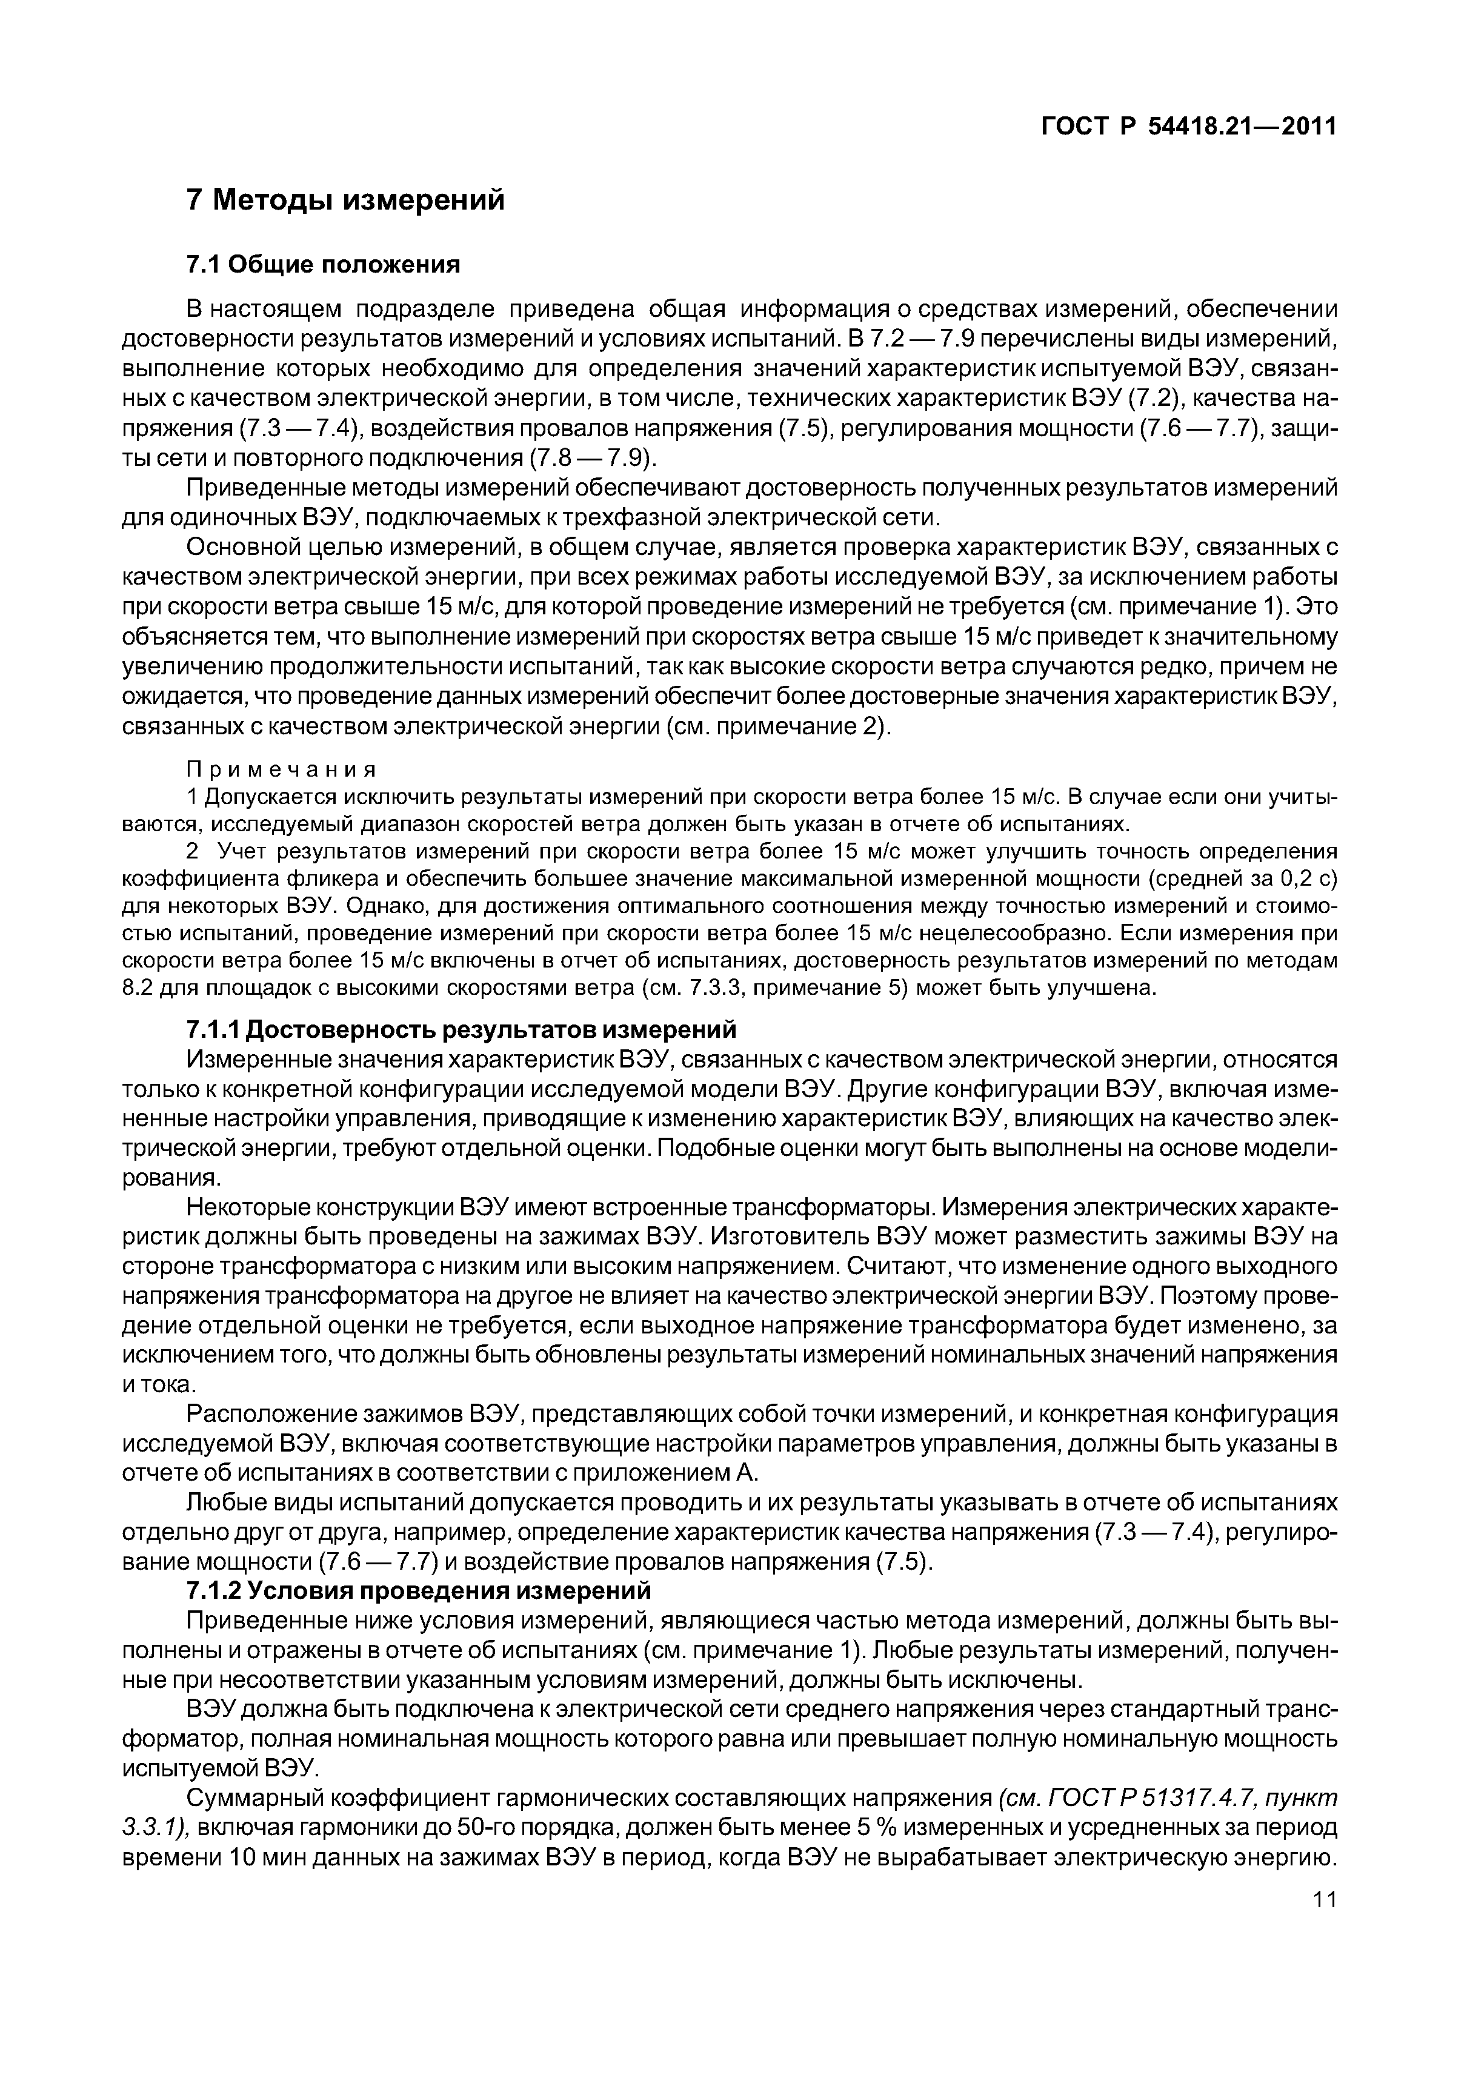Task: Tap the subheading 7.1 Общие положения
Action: [323, 265]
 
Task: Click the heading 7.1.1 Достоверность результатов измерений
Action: [461, 1029]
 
